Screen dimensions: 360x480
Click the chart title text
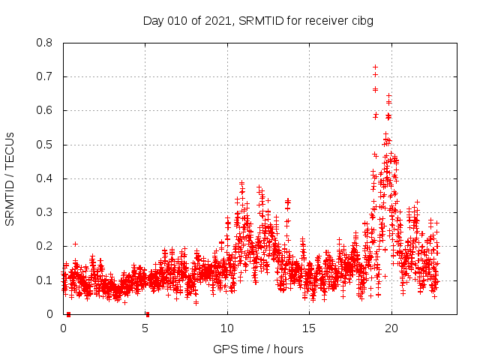coord(258,20)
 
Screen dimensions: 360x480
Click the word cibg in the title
coord(361,20)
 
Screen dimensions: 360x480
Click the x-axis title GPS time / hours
coord(258,349)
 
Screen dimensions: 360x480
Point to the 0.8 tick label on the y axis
coord(46,43)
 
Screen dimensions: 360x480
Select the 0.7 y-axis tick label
coord(46,76)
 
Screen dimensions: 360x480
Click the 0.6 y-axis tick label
coord(46,110)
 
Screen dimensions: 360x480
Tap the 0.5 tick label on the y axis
coord(46,145)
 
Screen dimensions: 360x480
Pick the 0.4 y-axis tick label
coord(46,178)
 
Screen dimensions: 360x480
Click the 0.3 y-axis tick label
coord(46,212)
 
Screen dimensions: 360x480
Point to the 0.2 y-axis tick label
coord(46,246)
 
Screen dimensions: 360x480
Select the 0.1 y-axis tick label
coord(46,280)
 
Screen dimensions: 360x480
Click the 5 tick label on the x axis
coord(145,328)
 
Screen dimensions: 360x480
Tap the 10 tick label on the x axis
coord(227,328)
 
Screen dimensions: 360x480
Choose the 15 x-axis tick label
coord(309,328)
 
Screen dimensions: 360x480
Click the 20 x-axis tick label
coord(391,328)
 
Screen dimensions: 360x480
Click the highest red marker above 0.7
coord(375,67)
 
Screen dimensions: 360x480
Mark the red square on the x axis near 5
coord(148,313)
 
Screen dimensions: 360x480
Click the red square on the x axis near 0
coord(68,313)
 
